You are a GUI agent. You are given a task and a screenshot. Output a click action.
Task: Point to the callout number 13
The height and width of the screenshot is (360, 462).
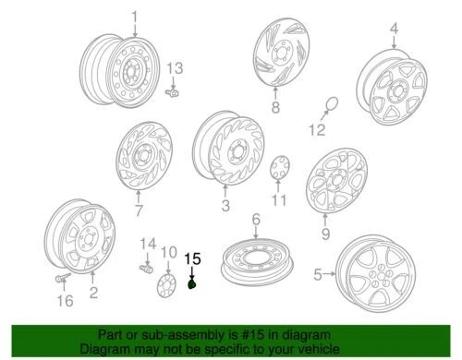175,69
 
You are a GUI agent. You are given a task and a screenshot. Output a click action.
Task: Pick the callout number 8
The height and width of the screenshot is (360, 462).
274,108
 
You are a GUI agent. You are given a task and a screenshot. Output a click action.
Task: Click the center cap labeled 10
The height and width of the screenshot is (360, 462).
167,281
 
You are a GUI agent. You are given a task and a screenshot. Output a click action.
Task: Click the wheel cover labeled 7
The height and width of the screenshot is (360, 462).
141,162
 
